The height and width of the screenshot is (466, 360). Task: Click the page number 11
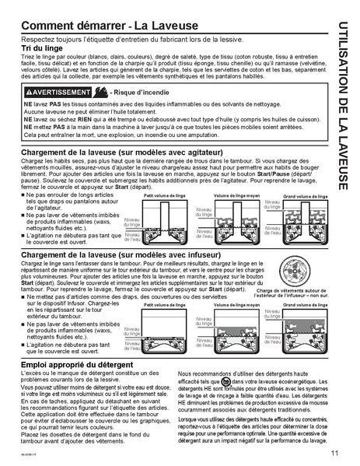pos(333,454)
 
